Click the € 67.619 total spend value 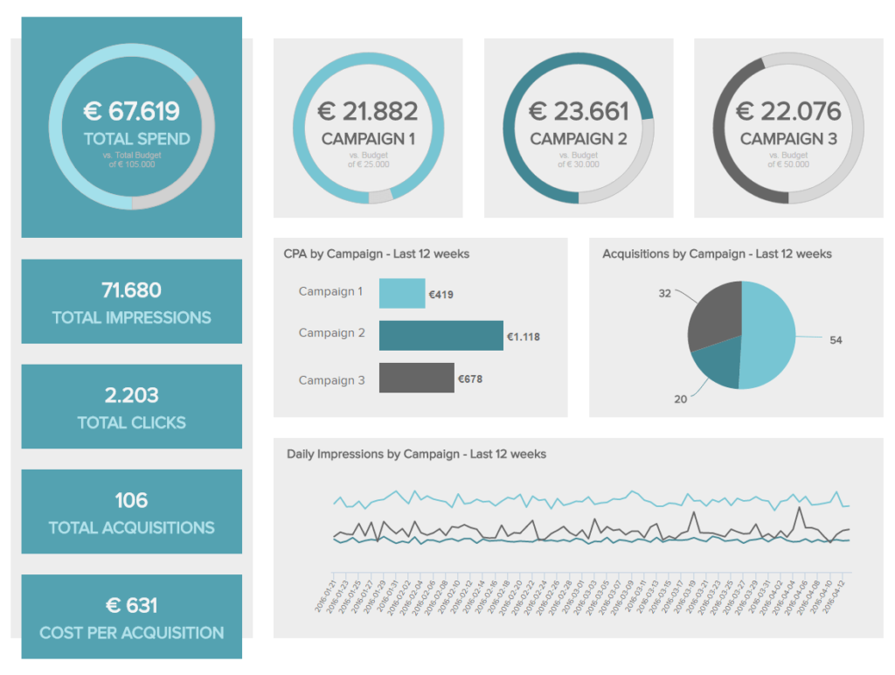click(131, 111)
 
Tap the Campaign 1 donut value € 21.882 click(367, 111)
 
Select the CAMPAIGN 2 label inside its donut click(578, 139)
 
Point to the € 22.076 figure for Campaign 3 click(788, 111)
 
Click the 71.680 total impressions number click(131, 290)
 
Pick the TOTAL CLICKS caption click(131, 423)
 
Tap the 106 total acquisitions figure click(131, 500)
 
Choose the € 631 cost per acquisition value click(131, 605)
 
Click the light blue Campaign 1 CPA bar click(401, 294)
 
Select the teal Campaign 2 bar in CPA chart click(441, 336)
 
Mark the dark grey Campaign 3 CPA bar click(416, 378)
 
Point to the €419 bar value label click(441, 296)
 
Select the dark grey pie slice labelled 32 click(711, 315)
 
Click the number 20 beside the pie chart click(681, 399)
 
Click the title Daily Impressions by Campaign click(416, 454)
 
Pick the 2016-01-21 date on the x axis click(324, 595)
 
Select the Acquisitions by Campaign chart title click(717, 254)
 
